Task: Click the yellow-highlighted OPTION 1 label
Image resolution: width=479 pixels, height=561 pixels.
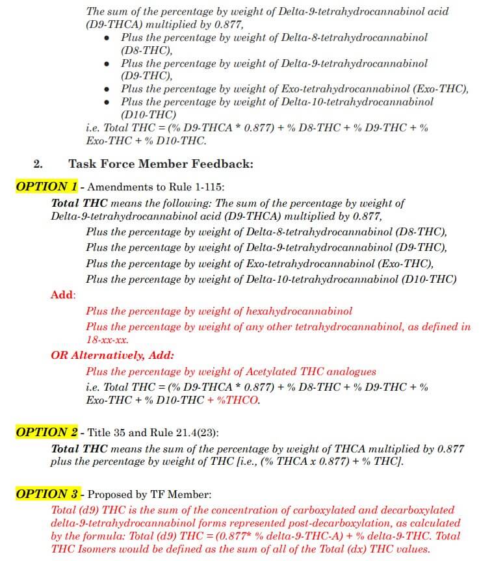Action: pos(46,187)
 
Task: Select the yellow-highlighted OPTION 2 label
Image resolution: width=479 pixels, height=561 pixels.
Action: pos(46,432)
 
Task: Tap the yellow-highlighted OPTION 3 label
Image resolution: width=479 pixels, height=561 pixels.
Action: pos(46,494)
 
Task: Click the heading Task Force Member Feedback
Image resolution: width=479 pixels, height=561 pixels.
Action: pos(161,164)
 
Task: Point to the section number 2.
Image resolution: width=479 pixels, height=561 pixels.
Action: pos(38,164)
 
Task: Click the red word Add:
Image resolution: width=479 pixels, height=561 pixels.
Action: pos(63,294)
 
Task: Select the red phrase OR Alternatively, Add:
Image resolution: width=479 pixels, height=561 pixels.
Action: pos(112,356)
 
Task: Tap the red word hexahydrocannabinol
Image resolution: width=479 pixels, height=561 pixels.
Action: pos(299,311)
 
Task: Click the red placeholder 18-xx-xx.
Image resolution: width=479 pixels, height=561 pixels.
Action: pos(107,339)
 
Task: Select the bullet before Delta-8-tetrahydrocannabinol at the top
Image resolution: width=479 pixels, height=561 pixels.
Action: pos(107,38)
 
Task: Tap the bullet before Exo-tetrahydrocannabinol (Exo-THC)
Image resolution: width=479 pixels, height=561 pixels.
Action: pos(107,89)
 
